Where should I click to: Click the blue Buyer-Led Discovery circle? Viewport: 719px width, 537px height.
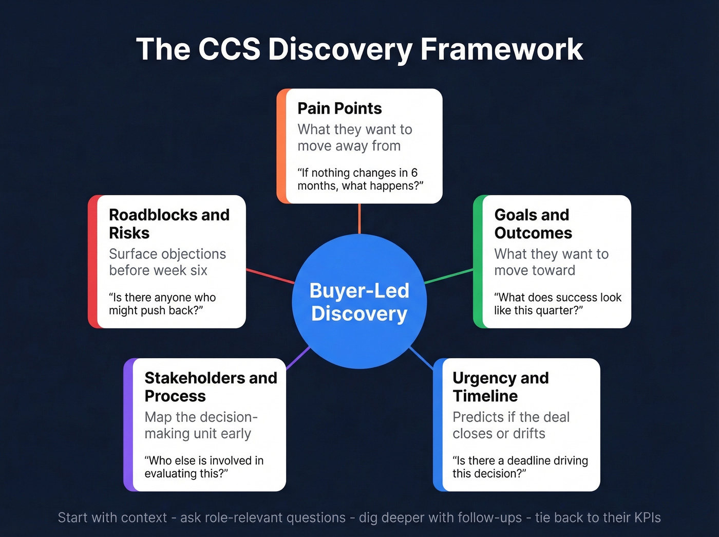tap(359, 302)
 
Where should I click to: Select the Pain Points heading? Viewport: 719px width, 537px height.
tap(339, 108)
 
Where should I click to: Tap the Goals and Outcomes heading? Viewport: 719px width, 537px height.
tap(533, 224)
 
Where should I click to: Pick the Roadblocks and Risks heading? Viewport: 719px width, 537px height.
tap(169, 224)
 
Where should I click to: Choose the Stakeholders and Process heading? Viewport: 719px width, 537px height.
tap(211, 386)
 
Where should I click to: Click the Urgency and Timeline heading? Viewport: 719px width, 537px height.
tap(500, 386)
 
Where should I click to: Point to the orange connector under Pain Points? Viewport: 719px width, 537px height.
tap(359, 218)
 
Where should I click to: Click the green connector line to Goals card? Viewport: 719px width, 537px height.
tap(448, 276)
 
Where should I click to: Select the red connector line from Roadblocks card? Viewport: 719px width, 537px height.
tap(270, 276)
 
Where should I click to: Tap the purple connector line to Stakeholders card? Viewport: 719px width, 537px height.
tap(298, 358)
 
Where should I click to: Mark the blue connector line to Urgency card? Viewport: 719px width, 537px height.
tap(421, 358)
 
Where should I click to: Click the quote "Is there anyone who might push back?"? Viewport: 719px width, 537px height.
tap(162, 304)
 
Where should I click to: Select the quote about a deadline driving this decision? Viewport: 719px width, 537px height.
tap(520, 467)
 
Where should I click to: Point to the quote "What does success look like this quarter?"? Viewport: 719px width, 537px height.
tap(557, 304)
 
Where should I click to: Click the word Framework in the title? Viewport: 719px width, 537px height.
tap(501, 49)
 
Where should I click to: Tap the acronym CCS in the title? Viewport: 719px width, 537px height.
tap(229, 49)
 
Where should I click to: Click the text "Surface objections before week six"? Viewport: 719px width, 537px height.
tap(167, 262)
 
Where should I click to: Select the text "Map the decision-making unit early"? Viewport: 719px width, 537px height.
tap(201, 425)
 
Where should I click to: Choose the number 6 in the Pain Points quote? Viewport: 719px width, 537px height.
tap(414, 173)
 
